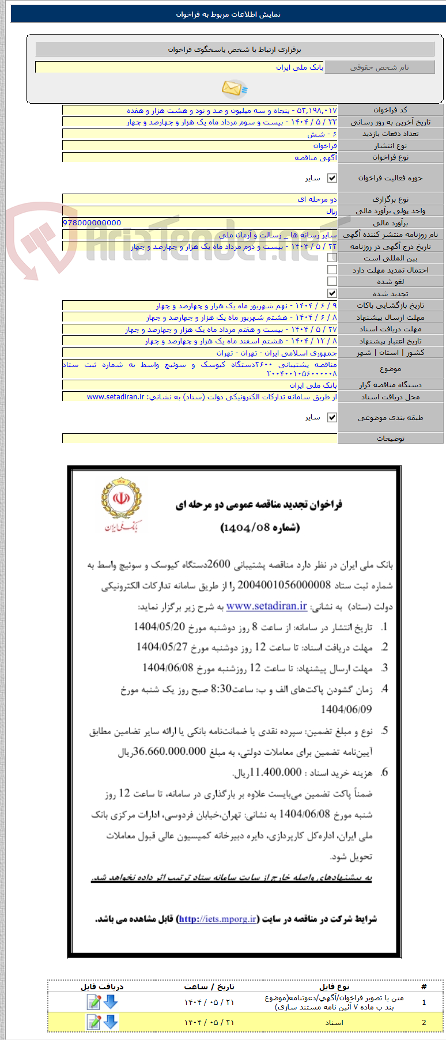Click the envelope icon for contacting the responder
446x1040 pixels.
pyautogui.click(x=234, y=89)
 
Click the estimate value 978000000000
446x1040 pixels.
pyautogui.click(x=92, y=223)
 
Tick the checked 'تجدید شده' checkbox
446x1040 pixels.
pyautogui.click(x=332, y=294)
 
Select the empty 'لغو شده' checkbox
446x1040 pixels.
pyautogui.click(x=332, y=282)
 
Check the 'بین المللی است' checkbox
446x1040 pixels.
pyautogui.click(x=332, y=258)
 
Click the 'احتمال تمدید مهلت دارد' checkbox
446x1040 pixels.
pyautogui.click(x=332, y=270)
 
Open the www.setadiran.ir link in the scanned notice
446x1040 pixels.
pyautogui.click(x=266, y=606)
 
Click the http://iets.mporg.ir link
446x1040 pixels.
pyautogui.click(x=217, y=919)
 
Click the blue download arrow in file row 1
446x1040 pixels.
pyautogui.click(x=111, y=1002)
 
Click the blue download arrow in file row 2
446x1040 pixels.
pyautogui.click(x=111, y=1022)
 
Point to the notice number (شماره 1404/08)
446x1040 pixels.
pyautogui.click(x=260, y=528)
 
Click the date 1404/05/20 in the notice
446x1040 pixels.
pyautogui.click(x=160, y=627)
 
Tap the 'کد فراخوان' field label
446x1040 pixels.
pyautogui.click(x=390, y=110)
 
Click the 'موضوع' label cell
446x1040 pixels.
pyautogui.click(x=390, y=369)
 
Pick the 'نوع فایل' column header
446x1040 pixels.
pyautogui.click(x=334, y=986)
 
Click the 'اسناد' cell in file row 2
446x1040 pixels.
pyautogui.click(x=334, y=1022)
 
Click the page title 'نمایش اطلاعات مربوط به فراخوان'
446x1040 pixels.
pyautogui.click(x=228, y=14)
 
